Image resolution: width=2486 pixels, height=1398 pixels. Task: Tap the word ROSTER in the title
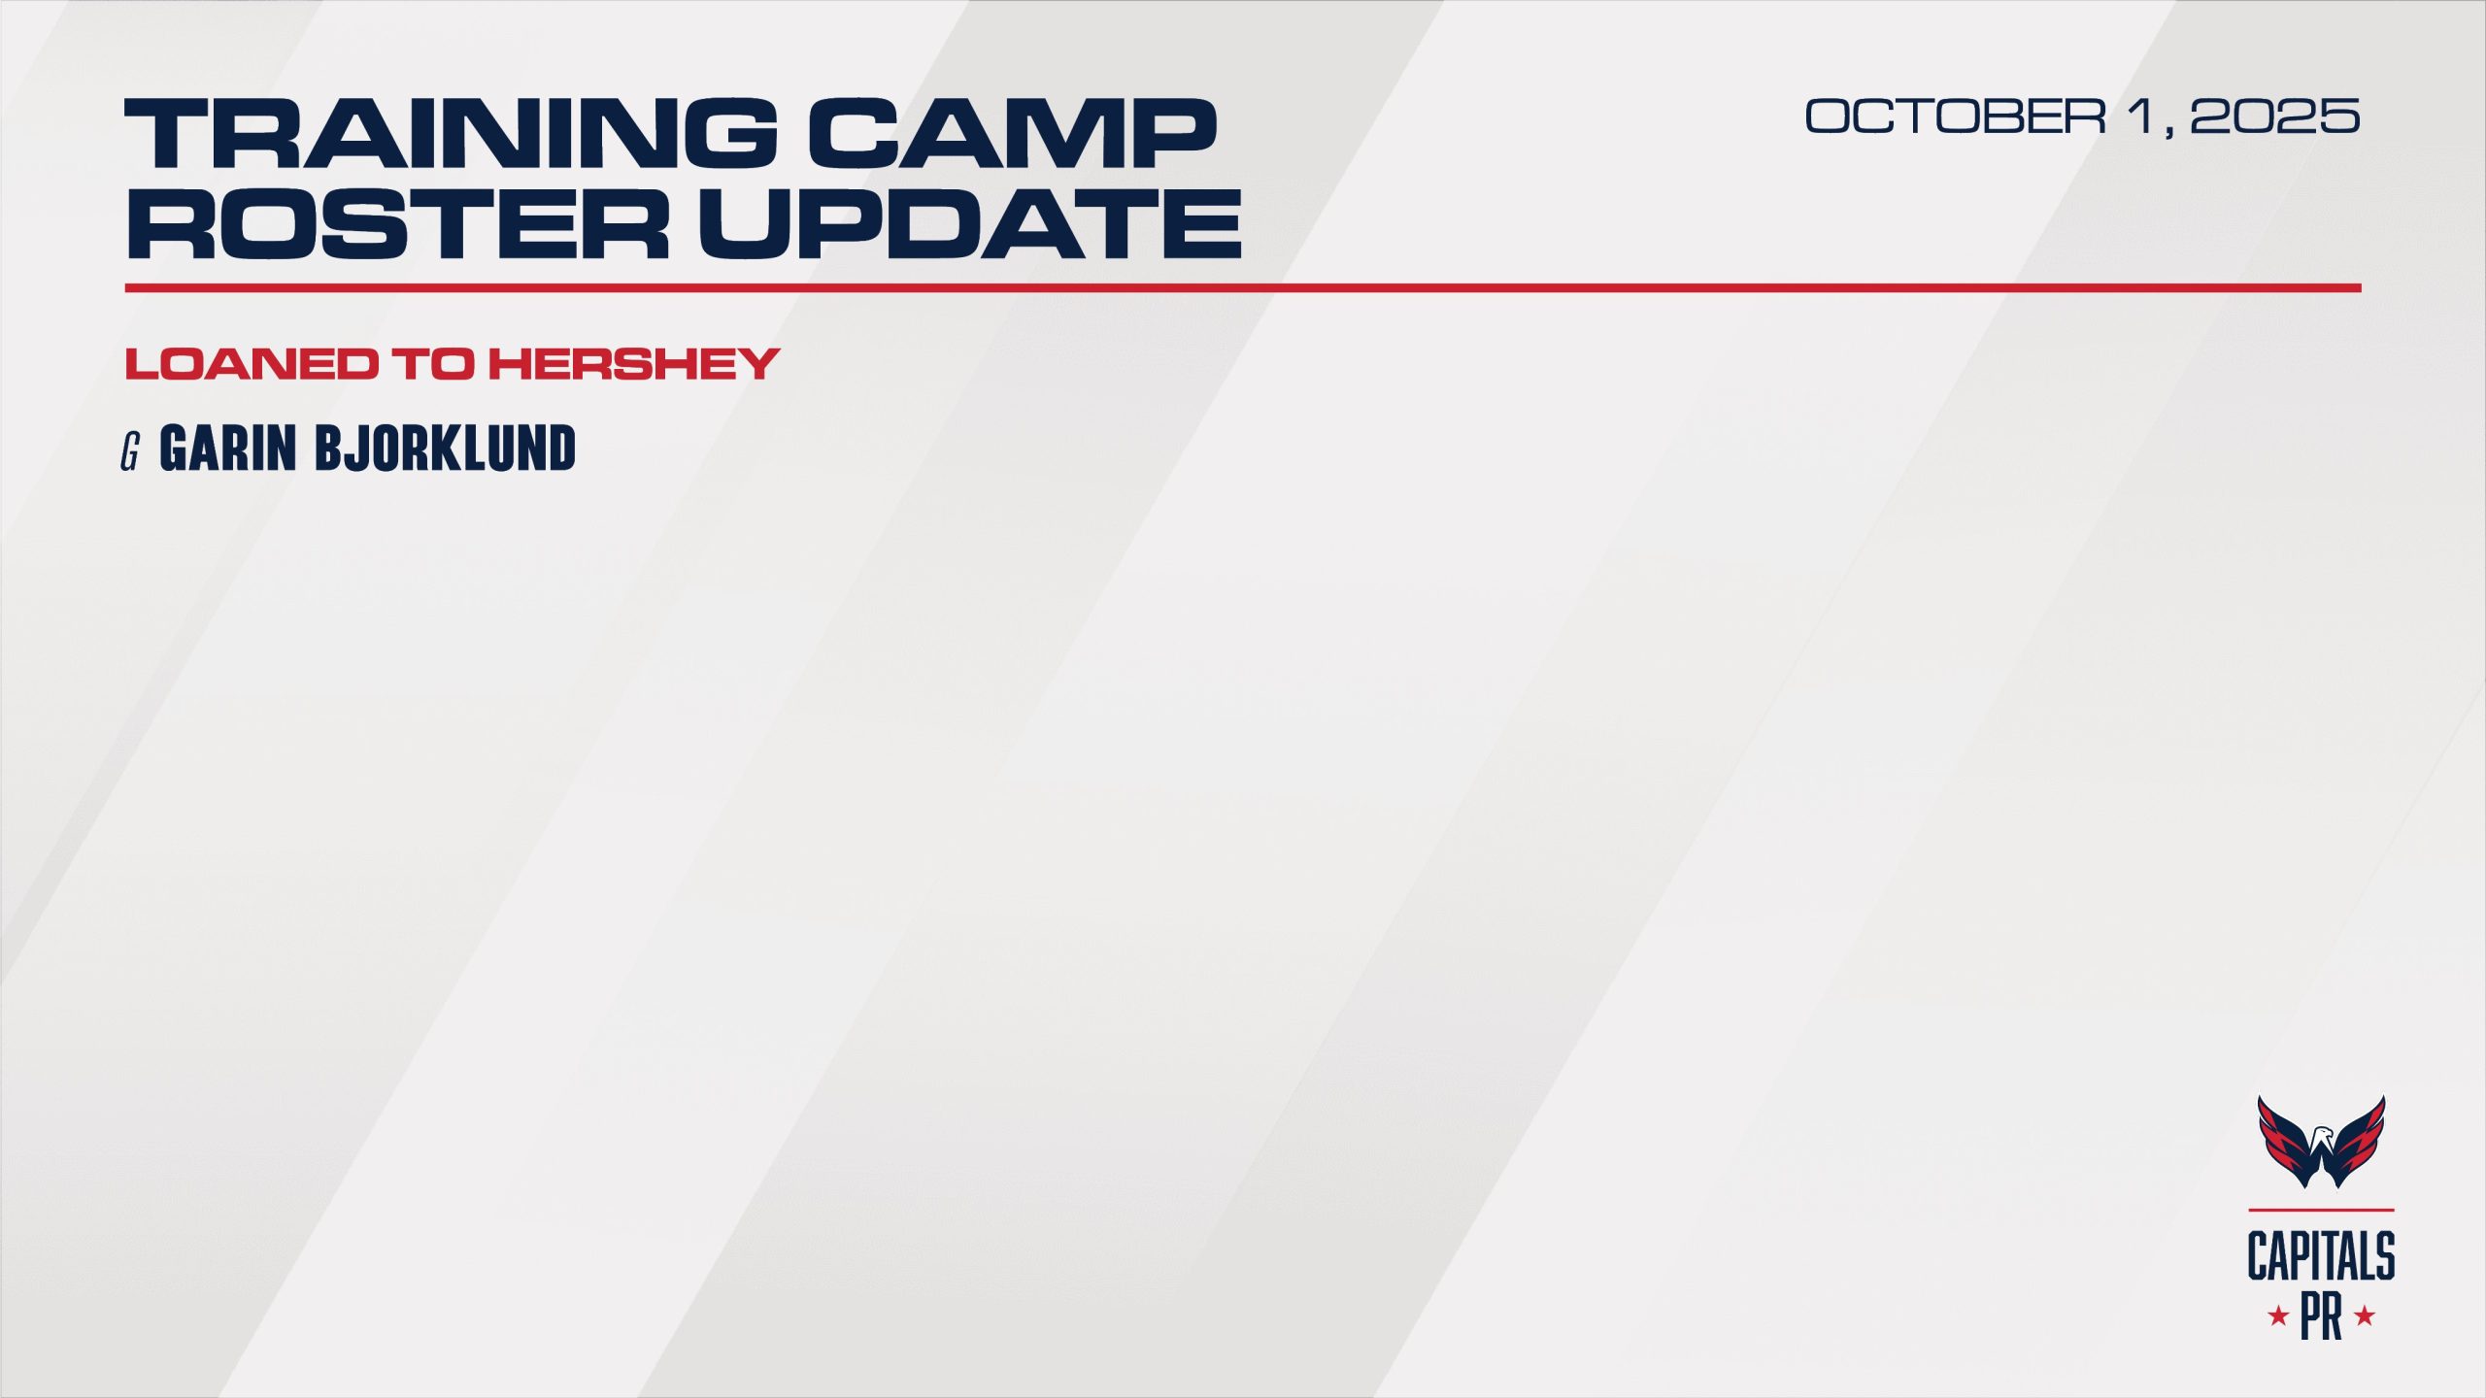pos(398,223)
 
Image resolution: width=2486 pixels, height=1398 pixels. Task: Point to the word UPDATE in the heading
pos(970,223)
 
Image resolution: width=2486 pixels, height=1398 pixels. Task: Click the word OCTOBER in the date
pos(1956,116)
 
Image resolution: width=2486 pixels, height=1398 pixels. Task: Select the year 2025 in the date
pos(2275,116)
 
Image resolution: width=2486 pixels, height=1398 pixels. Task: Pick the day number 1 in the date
pos(2140,116)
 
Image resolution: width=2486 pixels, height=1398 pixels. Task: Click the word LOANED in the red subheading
pos(252,364)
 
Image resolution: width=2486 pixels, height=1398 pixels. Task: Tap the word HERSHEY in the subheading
pos(634,364)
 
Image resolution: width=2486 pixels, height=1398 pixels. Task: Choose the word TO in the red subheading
pos(433,364)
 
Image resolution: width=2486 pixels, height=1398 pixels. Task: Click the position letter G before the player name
pos(130,451)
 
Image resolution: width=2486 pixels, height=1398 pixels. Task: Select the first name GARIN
pos(227,449)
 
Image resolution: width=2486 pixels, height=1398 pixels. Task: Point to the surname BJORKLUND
pos(445,449)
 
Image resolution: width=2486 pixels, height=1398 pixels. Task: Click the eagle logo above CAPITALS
pos(2321,1142)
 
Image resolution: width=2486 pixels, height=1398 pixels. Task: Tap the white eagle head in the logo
pos(2321,1135)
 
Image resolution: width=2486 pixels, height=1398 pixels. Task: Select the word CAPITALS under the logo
pos(2321,1256)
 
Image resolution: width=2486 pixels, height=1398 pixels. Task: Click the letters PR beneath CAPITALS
pos(2321,1316)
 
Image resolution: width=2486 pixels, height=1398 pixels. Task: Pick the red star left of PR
pos(2278,1317)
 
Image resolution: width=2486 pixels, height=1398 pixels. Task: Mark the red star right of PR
pos(2366,1317)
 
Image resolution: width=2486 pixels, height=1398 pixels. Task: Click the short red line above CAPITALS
pos(2321,1210)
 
